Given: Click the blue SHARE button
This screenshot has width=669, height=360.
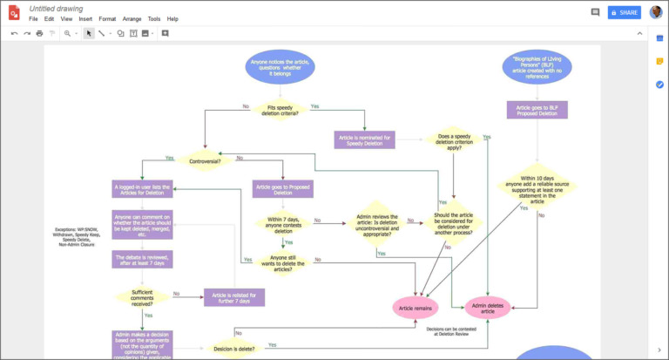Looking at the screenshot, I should (x=624, y=12).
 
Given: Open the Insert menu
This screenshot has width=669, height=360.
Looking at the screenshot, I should (x=85, y=18).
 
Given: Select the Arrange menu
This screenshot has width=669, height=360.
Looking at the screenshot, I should (x=132, y=18).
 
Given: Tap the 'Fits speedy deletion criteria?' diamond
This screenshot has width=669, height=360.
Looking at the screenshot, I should (x=280, y=111).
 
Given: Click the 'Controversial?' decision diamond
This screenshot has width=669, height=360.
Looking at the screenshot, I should (x=205, y=160).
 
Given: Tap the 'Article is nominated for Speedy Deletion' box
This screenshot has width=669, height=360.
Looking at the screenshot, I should (x=365, y=139).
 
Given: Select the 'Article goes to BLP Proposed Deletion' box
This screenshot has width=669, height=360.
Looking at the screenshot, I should (x=537, y=110).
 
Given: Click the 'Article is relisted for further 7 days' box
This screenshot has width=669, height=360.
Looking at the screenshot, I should (x=233, y=297).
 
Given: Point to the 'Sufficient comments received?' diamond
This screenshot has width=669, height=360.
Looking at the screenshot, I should (x=142, y=296).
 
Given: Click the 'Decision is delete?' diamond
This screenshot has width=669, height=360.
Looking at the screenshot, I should (x=233, y=349).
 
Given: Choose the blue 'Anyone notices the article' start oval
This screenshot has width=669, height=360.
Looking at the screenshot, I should (x=280, y=67).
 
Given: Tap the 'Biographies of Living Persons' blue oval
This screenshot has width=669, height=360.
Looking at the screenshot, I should (x=537, y=67).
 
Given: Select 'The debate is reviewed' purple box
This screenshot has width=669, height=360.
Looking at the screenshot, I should (x=142, y=259).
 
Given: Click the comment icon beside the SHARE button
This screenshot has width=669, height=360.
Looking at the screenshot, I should (x=595, y=12).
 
